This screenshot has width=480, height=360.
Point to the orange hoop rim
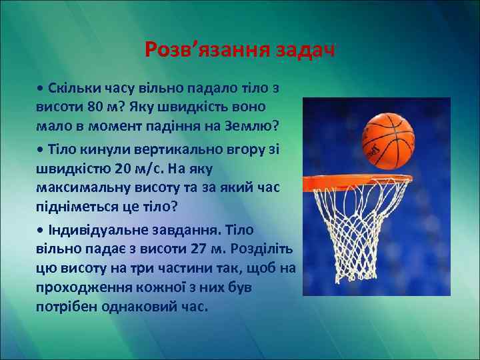click(353, 180)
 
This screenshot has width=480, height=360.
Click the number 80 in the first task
click(95, 107)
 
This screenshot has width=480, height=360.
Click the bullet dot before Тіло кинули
click(41, 148)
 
